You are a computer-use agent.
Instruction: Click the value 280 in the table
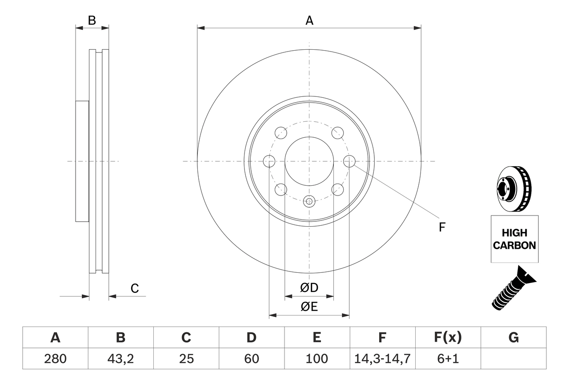tap(55, 359)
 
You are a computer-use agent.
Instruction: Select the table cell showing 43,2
tap(120, 359)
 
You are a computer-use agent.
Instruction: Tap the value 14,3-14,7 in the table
tap(382, 359)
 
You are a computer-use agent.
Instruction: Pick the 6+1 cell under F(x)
tap(447, 359)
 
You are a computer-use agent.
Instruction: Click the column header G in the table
tap(513, 338)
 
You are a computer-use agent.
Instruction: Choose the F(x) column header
tap(447, 338)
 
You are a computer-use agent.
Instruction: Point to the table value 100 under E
tap(317, 359)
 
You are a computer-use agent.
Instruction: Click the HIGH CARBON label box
tap(514, 239)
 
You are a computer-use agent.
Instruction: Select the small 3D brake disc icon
tap(513, 188)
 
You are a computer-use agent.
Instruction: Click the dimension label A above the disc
tap(309, 20)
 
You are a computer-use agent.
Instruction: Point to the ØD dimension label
tap(309, 288)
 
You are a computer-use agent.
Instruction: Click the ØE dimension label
tap(309, 307)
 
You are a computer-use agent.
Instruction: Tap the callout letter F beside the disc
tap(442, 227)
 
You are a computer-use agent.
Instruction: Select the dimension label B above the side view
tap(92, 20)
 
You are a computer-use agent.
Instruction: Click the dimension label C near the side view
tap(135, 288)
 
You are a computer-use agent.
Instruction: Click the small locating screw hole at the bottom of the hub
tap(309, 201)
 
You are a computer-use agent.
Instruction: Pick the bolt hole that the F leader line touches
tap(349, 161)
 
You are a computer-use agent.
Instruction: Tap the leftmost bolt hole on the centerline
tap(269, 161)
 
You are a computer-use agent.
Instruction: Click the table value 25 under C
tap(186, 359)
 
